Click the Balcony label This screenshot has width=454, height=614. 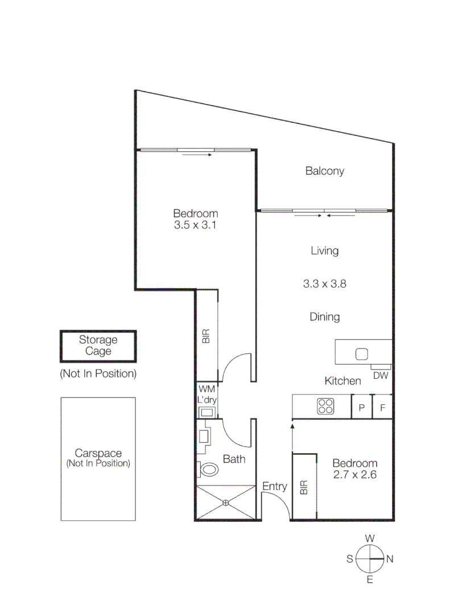324,171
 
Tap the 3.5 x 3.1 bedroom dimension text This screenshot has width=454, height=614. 196,225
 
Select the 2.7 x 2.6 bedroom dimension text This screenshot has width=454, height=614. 355,474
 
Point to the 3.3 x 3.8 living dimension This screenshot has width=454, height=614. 324,284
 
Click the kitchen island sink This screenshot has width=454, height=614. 362,354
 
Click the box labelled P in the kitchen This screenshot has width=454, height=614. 361,407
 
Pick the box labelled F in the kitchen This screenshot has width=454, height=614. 382,407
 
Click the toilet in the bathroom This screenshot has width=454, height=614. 209,470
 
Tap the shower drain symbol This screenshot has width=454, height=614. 226,502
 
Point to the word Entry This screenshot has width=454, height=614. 274,487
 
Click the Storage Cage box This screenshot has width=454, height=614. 98,346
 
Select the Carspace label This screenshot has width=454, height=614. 98,454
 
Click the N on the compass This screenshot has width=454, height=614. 390,559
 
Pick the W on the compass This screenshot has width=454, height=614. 370,538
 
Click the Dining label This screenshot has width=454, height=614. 325,317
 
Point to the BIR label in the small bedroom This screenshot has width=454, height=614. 304,487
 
